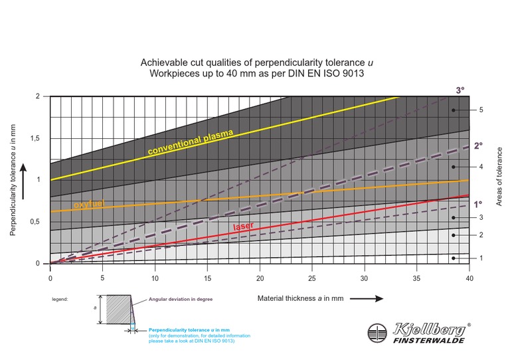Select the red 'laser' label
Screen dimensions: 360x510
pyautogui.click(x=244, y=226)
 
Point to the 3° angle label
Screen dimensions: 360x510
pyautogui.click(x=460, y=90)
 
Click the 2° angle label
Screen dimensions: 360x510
pyautogui.click(x=478, y=145)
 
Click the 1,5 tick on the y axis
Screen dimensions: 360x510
pyautogui.click(x=37, y=138)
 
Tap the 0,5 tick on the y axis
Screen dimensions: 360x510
pyautogui.click(x=37, y=222)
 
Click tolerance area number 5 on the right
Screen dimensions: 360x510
pyautogui.click(x=481, y=110)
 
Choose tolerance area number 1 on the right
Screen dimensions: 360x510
pyautogui.click(x=481, y=258)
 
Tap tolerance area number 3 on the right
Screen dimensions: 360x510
pyautogui.click(x=481, y=218)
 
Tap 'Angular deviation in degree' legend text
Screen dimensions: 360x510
pyautogui.click(x=180, y=300)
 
